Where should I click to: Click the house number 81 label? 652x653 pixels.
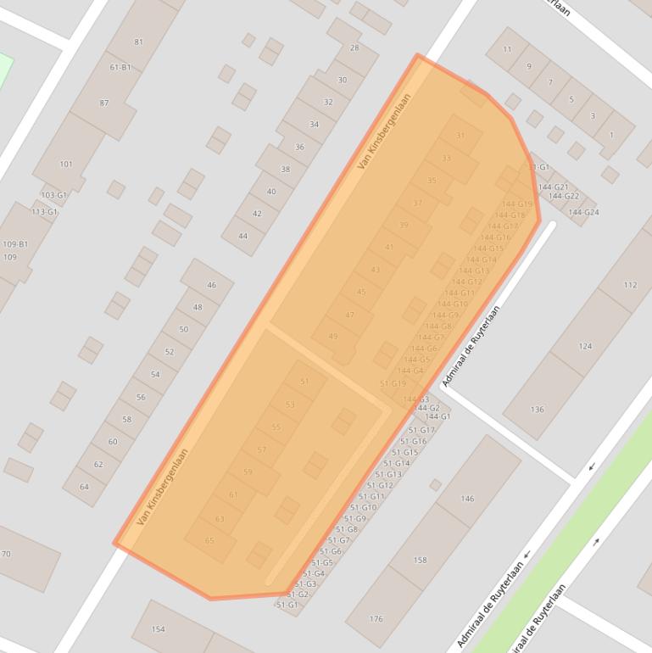[x=138, y=42]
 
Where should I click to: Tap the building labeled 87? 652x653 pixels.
[x=104, y=103]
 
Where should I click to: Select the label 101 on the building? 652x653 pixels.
[x=66, y=165]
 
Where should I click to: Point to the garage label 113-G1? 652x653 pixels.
[x=44, y=211]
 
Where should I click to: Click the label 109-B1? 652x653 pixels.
[x=15, y=244]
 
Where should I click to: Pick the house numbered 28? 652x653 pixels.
[x=354, y=47]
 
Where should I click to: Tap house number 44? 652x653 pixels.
[x=243, y=236]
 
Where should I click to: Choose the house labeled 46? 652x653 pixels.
[x=211, y=285]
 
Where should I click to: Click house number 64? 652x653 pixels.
[x=84, y=487]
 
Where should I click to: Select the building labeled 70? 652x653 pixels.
[x=6, y=555]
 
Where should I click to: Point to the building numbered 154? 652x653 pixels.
[x=158, y=629]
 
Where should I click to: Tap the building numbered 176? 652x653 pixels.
[x=376, y=619]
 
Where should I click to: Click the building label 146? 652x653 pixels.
[x=467, y=499]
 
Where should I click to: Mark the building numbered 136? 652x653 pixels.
[x=537, y=410]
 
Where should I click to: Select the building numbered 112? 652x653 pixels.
[x=629, y=285]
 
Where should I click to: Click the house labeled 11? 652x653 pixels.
[x=507, y=49]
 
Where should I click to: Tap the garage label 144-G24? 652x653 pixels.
[x=584, y=212]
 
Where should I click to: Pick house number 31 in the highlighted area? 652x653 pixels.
[x=460, y=136]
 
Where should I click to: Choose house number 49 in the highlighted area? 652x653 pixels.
[x=333, y=337]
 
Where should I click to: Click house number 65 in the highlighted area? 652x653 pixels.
[x=209, y=540]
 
